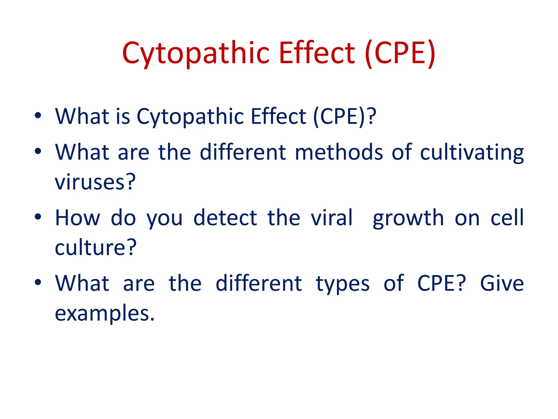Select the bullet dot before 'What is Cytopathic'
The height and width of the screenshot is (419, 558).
point(38,115)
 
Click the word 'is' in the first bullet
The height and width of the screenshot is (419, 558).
point(123,116)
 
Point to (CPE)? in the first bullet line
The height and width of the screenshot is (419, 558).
point(345,117)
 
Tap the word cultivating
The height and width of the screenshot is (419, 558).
point(472,153)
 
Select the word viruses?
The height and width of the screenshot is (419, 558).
point(95,182)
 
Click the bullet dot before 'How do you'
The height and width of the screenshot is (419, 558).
point(38,217)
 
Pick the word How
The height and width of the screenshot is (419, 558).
point(78,218)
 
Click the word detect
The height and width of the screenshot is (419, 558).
point(225,218)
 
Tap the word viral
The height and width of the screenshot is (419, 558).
point(332,218)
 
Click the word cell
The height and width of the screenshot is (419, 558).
point(507,218)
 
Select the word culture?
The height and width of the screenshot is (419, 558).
point(95,248)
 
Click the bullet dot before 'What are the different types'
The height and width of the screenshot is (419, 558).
point(38,282)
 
